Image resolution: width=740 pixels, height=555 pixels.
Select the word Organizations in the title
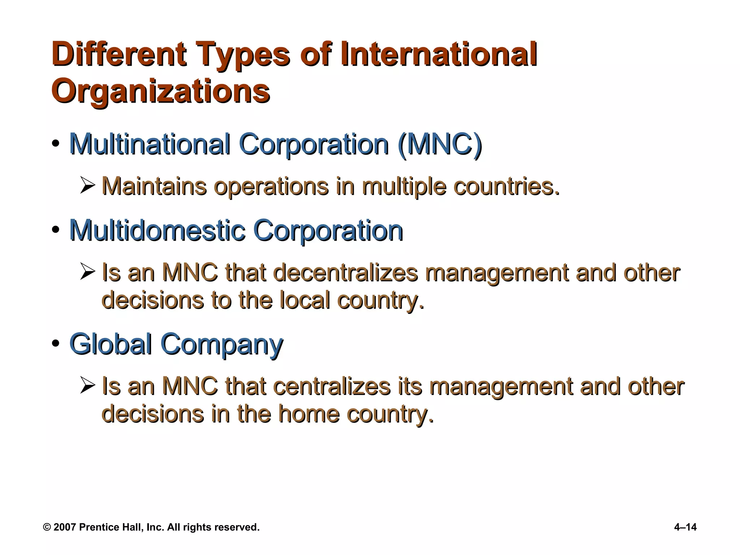161,91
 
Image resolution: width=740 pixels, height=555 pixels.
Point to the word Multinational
150,144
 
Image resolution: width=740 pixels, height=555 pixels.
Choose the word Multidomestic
157,231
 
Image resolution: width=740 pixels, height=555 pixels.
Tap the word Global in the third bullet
110,344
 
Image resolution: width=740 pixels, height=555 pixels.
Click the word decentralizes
345,273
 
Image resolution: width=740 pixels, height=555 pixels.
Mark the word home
309,414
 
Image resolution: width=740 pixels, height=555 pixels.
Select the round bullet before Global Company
56,344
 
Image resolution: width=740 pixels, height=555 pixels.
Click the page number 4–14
685,527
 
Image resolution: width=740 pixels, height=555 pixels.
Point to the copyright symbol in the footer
47,528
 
